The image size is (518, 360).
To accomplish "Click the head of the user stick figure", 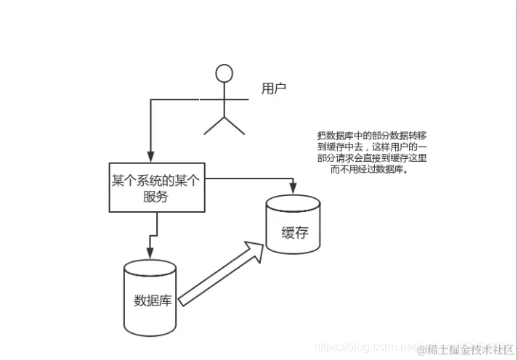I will (225, 73).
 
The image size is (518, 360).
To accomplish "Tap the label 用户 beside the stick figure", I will (274, 89).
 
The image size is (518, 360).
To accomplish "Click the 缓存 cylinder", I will (294, 224).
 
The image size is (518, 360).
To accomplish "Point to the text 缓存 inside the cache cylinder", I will (295, 233).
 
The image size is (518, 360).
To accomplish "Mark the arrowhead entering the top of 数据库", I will (150, 254).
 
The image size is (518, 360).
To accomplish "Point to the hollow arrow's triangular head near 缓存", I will (254, 250).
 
